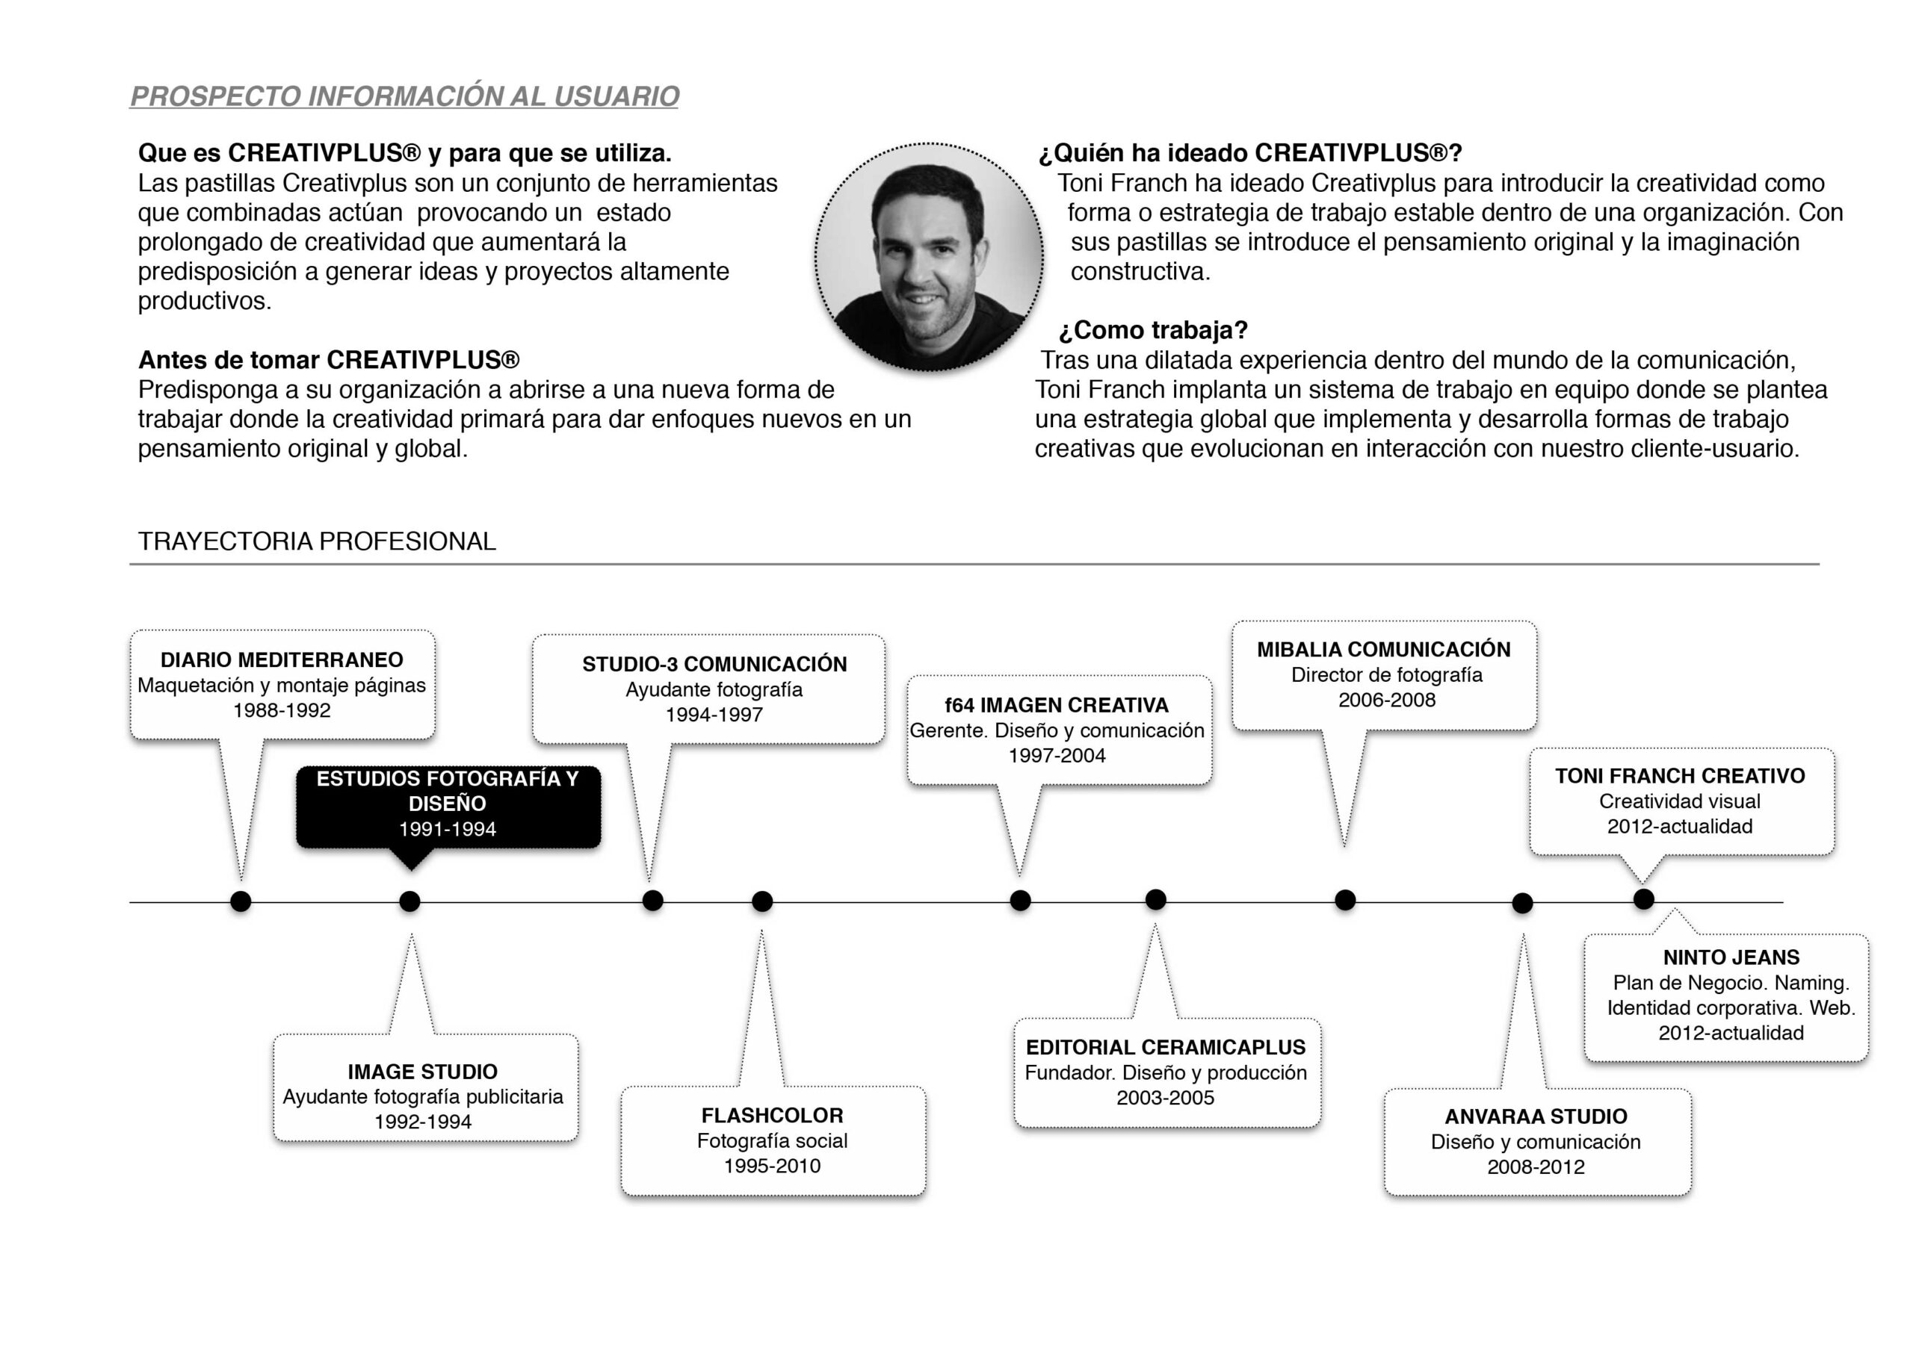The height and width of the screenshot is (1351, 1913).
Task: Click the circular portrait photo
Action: click(928, 257)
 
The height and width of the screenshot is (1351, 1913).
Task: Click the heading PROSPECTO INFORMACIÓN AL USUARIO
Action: click(405, 96)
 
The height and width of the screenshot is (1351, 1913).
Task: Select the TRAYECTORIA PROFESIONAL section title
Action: click(317, 541)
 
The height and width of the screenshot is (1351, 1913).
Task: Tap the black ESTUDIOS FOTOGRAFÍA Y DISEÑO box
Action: click(448, 804)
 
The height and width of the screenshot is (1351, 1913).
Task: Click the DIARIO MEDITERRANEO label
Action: click(282, 659)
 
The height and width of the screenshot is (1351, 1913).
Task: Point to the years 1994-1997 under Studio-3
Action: click(714, 715)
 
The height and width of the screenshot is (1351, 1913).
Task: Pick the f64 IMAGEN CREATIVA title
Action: click(1057, 706)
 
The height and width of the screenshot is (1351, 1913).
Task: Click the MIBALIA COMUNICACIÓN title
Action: click(1384, 650)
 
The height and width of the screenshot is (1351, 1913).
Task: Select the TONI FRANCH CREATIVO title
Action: click(1680, 776)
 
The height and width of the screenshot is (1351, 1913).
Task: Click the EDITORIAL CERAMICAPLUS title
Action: click(1166, 1048)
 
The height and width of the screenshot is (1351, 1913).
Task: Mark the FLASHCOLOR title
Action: click(773, 1116)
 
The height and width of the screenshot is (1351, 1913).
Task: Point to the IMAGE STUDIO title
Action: click(422, 1072)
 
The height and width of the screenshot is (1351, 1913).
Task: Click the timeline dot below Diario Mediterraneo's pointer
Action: click(241, 901)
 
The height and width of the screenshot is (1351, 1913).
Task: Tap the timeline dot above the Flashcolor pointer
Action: click(762, 901)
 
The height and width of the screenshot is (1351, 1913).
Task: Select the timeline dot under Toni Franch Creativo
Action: click(1643, 900)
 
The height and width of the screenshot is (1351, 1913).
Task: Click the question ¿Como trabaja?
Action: click(1153, 331)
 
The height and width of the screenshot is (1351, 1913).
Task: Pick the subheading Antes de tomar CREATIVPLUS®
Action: click(329, 360)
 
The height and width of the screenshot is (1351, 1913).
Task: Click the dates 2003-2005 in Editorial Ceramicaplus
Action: click(1166, 1098)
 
